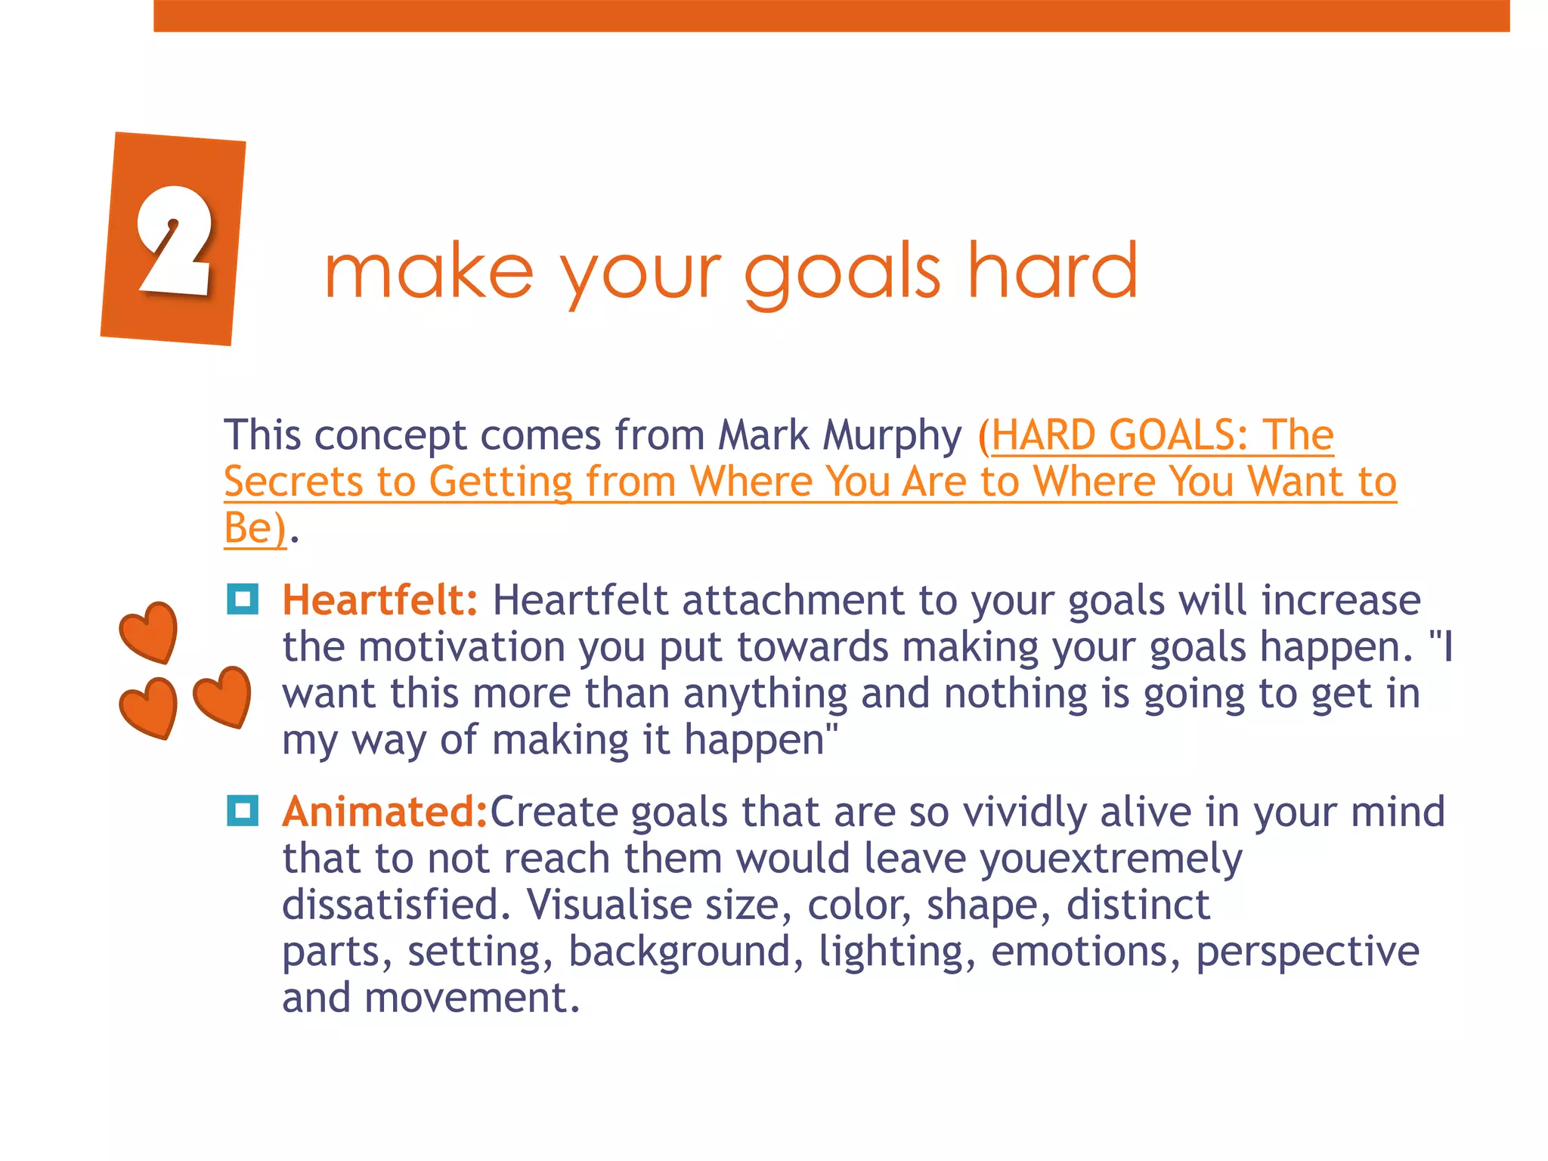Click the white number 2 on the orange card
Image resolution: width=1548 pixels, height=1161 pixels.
click(174, 240)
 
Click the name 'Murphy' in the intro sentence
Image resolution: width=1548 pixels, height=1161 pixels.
click(892, 435)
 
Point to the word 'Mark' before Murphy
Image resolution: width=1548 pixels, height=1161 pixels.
click(763, 435)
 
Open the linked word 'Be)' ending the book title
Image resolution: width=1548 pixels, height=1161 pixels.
click(255, 528)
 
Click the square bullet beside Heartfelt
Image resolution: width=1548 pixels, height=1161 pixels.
click(243, 599)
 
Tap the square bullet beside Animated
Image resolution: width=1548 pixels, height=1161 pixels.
click(243, 811)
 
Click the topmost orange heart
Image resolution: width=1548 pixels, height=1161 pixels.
click(150, 632)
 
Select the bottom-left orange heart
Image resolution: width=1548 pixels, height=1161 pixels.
click(149, 707)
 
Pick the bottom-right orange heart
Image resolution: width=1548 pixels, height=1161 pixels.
click(222, 696)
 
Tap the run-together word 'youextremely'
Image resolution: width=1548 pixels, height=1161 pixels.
click(1110, 859)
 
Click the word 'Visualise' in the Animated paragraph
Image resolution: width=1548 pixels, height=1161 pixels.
click(608, 905)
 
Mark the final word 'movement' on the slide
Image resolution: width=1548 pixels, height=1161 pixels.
click(472, 998)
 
